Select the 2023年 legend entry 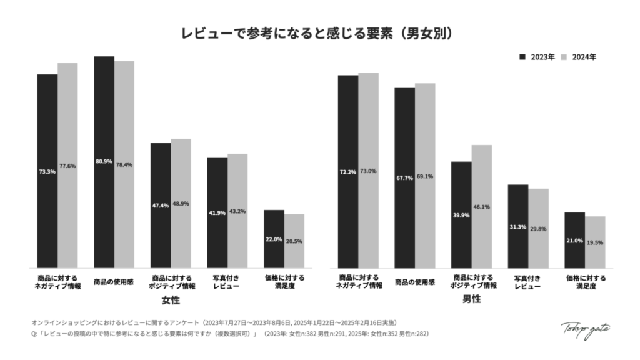pyautogui.click(x=537, y=57)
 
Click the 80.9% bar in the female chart pyautogui.click(x=104, y=161)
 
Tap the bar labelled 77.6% pyautogui.click(x=67, y=165)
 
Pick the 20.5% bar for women pyautogui.click(x=294, y=241)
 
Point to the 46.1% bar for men pyautogui.click(x=481, y=206)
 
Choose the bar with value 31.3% pyautogui.click(x=518, y=226)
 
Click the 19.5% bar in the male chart pyautogui.click(x=595, y=242)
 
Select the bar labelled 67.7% pyautogui.click(x=404, y=177)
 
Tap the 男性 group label pyautogui.click(x=471, y=300)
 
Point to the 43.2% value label pyautogui.click(x=237, y=211)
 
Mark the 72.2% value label pyautogui.click(x=348, y=171)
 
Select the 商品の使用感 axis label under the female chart pyautogui.click(x=114, y=282)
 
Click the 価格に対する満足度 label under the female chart pyautogui.click(x=284, y=281)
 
